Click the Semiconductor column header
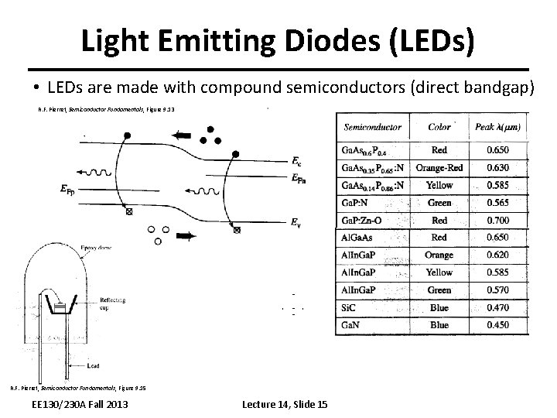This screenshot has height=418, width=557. click(x=373, y=126)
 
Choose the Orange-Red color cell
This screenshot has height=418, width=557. click(x=439, y=167)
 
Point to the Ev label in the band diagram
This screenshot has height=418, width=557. click(x=296, y=223)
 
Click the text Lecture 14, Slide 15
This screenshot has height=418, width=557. click(x=285, y=405)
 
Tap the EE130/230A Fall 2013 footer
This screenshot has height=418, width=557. click(x=76, y=405)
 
